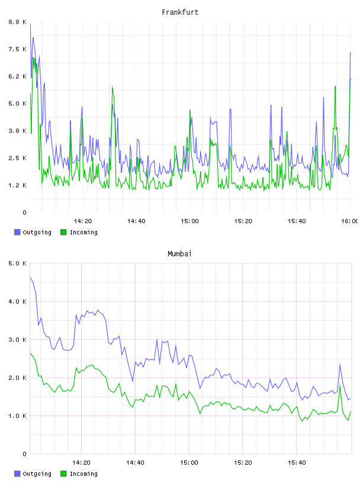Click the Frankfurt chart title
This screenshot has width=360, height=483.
point(180,12)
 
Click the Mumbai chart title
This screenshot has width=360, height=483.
point(179,254)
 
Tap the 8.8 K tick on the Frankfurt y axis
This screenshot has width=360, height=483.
point(17,22)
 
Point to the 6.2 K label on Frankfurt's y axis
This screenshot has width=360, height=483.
point(17,76)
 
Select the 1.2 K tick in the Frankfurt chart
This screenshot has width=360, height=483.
point(17,185)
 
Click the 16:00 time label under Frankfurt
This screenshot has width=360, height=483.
point(350,221)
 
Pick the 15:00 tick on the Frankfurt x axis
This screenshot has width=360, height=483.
point(189,221)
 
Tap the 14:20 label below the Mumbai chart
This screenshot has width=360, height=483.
point(81,463)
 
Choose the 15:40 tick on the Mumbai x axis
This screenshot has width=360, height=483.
point(297,463)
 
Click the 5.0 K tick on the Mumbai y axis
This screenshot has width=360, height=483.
point(17,263)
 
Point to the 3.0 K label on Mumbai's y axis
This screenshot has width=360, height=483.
point(17,340)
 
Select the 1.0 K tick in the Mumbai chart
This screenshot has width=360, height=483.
point(17,416)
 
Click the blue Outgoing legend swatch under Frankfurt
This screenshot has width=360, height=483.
point(17,232)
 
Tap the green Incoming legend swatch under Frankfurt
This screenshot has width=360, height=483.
point(63,232)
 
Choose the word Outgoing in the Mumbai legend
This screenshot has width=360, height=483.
point(37,474)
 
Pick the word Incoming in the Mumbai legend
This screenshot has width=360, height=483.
point(83,474)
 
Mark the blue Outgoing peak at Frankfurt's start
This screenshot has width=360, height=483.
point(30,24)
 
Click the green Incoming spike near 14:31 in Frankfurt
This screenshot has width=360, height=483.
point(112,86)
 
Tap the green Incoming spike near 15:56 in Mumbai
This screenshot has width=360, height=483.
point(340,385)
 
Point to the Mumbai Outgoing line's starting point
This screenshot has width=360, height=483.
point(30,278)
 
